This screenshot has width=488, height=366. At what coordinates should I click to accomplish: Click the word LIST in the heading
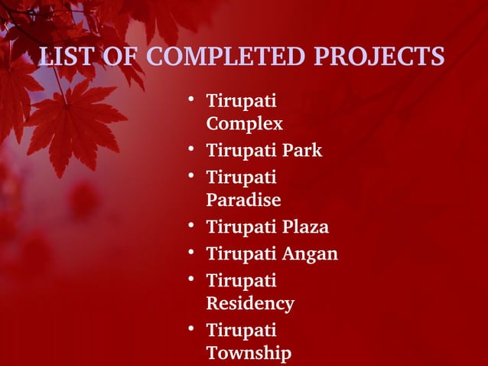tap(63, 57)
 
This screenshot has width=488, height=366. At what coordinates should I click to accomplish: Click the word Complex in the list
tap(244, 123)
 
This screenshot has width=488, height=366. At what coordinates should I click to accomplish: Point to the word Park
tap(301, 150)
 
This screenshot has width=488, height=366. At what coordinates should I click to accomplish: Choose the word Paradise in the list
tap(243, 200)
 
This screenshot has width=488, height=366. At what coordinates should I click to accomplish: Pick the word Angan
tap(310, 253)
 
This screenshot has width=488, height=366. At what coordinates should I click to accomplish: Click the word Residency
tap(250, 303)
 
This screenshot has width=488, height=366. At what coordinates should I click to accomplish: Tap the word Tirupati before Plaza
tap(241, 227)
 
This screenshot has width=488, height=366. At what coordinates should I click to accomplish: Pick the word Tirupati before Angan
tap(241, 253)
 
